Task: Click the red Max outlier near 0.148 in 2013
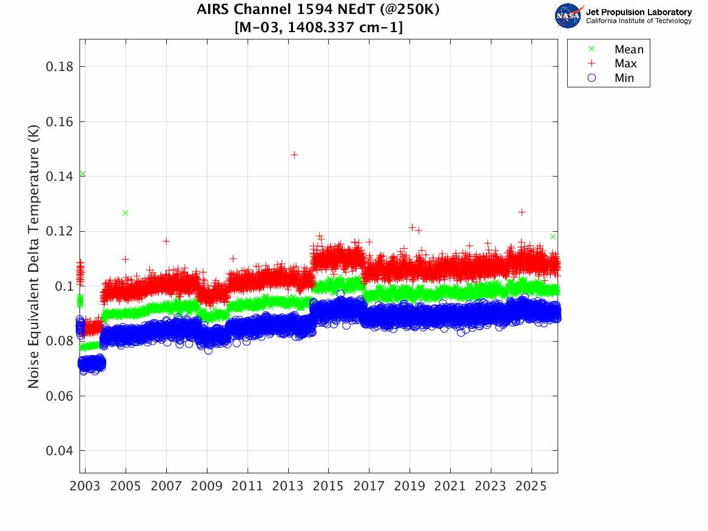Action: coord(294,155)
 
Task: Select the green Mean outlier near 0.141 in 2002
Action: coord(83,174)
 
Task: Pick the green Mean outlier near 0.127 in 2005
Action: coord(126,213)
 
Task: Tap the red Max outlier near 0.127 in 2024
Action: coord(522,212)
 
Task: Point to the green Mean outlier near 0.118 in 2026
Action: coord(553,236)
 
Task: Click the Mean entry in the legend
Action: coord(629,50)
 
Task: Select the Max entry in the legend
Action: coord(625,64)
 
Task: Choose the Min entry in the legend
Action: coord(624,78)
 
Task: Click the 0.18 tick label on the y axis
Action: coord(59,67)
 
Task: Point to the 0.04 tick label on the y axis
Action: coord(59,451)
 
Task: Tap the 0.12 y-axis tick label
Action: coord(59,231)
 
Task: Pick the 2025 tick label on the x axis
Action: coord(531,487)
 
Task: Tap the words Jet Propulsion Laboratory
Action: coord(638,12)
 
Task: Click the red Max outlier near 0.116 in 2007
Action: coord(166,241)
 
